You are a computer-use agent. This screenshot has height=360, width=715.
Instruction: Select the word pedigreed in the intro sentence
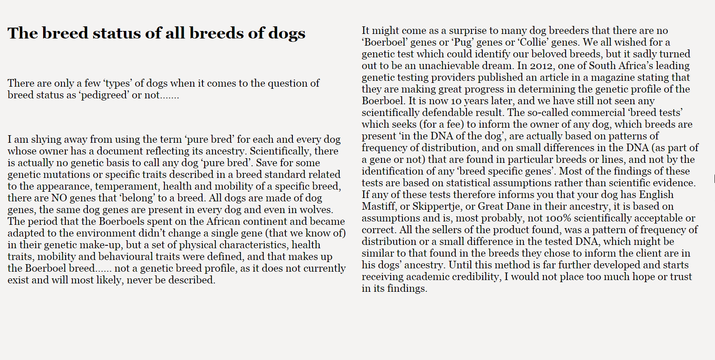[x=105, y=95]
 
